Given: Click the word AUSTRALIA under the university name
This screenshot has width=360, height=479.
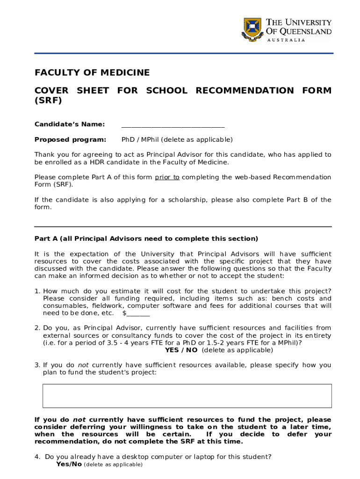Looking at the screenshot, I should pyautogui.click(x=286, y=40).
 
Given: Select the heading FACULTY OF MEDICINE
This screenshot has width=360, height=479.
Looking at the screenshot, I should pyautogui.click(x=92, y=73).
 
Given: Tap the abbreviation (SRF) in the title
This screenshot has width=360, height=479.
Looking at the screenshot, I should pyautogui.click(x=48, y=101).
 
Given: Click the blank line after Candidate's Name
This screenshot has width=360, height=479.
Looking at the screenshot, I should pyautogui.click(x=173, y=125).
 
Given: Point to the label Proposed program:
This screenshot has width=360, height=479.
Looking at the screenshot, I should pyautogui.click(x=70, y=139).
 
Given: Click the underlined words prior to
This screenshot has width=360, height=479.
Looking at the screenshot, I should pyautogui.click(x=167, y=177).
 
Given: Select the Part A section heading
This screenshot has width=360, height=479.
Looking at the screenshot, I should pyautogui.click(x=146, y=239).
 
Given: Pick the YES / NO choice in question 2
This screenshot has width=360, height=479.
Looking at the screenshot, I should pyautogui.click(x=181, y=350).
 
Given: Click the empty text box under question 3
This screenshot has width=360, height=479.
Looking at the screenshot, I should pyautogui.click(x=187, y=396).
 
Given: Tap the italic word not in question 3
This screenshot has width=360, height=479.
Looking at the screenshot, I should pyautogui.click(x=83, y=365).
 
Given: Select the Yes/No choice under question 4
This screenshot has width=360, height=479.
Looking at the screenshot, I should pyautogui.click(x=69, y=464).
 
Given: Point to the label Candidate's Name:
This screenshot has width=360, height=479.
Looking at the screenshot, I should pyautogui.click(x=69, y=124).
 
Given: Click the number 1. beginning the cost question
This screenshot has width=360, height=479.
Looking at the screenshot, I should pyautogui.click(x=37, y=291).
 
